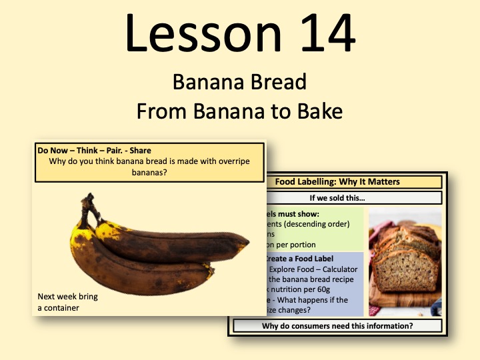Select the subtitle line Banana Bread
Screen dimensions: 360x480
[x=239, y=82]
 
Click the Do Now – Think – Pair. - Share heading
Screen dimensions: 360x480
[x=94, y=151]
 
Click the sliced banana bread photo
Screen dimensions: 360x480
[x=405, y=261]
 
